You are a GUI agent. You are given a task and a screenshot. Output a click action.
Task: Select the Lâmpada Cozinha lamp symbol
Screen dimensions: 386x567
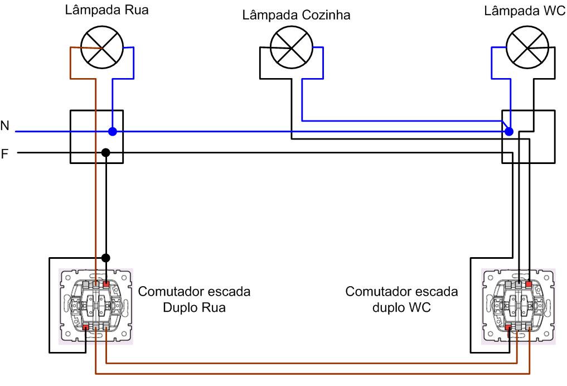289,47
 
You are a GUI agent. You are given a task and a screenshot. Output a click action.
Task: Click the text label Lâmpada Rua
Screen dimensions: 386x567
106,9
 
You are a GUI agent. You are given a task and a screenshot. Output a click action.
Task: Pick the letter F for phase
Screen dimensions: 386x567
5,153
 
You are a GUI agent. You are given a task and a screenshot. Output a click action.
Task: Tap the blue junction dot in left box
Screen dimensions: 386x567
112,132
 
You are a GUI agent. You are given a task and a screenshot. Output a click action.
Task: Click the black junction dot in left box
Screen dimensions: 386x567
105,153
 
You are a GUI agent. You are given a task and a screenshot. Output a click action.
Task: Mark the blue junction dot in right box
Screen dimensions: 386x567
509,132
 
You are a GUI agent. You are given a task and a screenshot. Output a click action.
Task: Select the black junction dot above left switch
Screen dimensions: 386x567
105,258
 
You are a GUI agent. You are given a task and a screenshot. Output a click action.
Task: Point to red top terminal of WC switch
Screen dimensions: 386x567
529,284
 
